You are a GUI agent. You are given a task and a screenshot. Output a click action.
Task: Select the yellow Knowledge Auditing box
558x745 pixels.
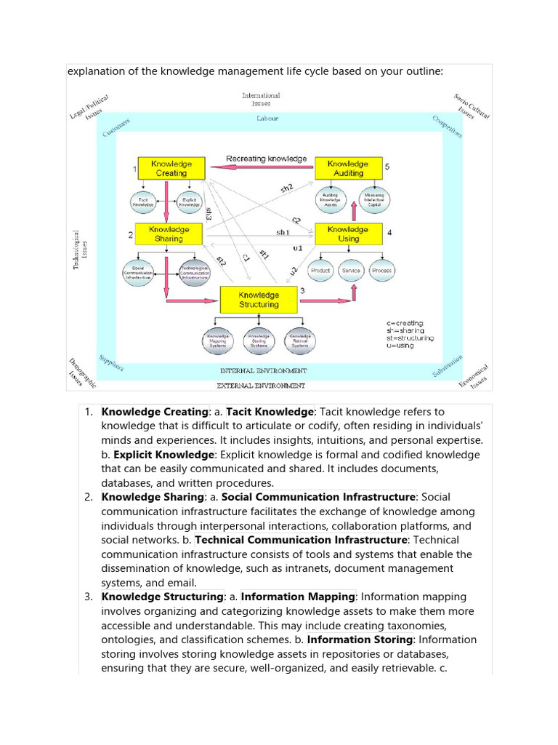click(348, 168)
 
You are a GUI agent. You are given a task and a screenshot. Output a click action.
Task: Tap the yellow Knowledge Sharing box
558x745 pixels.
click(169, 234)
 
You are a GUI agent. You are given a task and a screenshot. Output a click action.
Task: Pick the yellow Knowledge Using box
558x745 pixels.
click(348, 234)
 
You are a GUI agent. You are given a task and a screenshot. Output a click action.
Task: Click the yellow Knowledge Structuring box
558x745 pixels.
click(259, 299)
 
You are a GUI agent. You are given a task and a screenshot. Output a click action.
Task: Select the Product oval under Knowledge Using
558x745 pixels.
click(320, 270)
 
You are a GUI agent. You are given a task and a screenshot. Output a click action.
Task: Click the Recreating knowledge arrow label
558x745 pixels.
click(266, 158)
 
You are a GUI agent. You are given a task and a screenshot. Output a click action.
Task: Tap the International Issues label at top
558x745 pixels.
click(261, 99)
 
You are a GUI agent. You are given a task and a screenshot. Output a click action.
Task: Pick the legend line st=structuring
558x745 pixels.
click(410, 338)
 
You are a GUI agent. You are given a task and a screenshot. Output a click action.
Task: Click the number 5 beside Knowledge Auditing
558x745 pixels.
click(387, 167)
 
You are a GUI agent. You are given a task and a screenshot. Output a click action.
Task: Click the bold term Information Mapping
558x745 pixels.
click(298, 597)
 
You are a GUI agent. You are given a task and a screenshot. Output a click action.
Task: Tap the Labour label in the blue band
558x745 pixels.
click(267, 118)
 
